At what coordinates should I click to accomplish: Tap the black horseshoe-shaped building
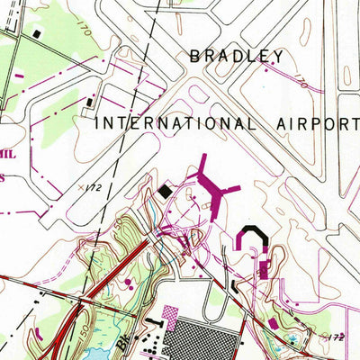[x=253, y=238]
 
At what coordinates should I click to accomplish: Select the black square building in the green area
[x=36, y=33]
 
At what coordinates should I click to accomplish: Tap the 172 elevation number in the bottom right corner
[x=336, y=335]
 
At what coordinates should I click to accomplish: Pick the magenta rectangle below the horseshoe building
[x=263, y=269]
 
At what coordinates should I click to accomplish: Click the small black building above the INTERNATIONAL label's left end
[x=92, y=102]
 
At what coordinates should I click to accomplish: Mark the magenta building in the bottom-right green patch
[x=273, y=321]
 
